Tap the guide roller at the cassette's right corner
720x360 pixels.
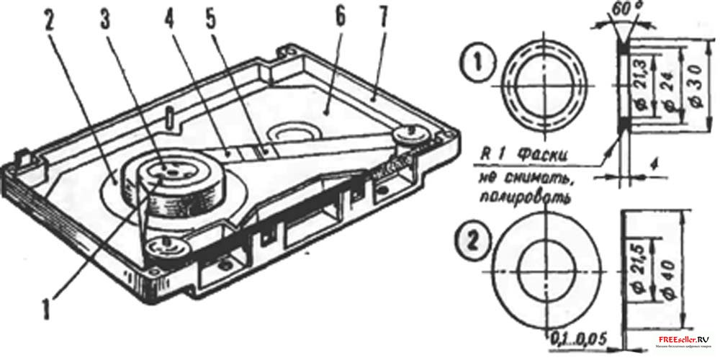click(410, 135)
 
